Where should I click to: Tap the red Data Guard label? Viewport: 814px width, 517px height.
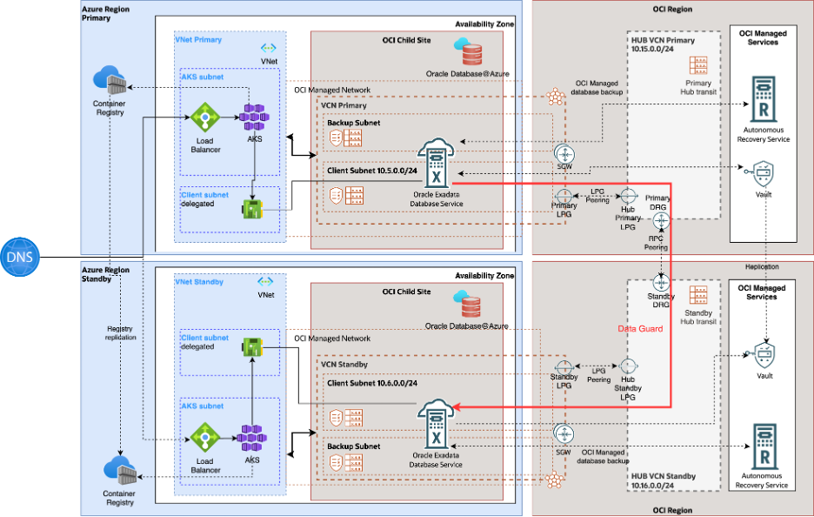(x=640, y=329)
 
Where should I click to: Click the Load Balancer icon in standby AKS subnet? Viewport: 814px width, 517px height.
(x=205, y=438)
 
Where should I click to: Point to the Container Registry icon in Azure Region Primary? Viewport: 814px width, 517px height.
(x=110, y=82)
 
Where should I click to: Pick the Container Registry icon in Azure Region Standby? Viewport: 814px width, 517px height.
(x=120, y=472)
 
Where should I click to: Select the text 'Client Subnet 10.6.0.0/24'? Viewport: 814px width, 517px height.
(x=374, y=382)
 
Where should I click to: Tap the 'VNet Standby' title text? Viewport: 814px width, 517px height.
(x=199, y=282)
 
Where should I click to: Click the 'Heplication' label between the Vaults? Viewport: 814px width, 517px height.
(x=762, y=266)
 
